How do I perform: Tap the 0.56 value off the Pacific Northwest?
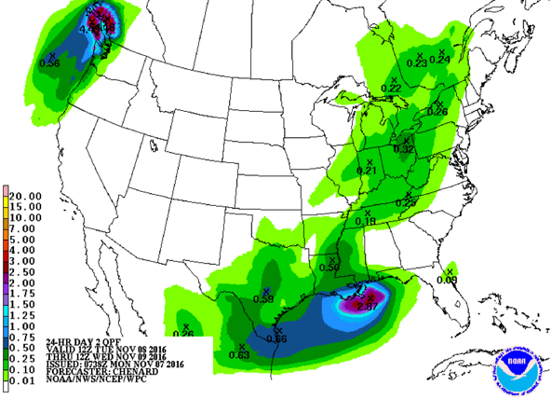pyautogui.click(x=50, y=63)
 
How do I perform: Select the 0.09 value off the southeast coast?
pyautogui.click(x=448, y=279)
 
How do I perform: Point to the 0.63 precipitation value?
pyautogui.click(x=239, y=355)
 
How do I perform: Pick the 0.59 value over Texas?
pyautogui.click(x=263, y=299)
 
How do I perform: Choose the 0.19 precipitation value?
pyautogui.click(x=365, y=222)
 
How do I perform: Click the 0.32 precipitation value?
pyautogui.click(x=403, y=148)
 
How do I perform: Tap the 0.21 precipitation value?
pyautogui.click(x=368, y=172)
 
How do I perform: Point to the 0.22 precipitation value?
pyautogui.click(x=392, y=88)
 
